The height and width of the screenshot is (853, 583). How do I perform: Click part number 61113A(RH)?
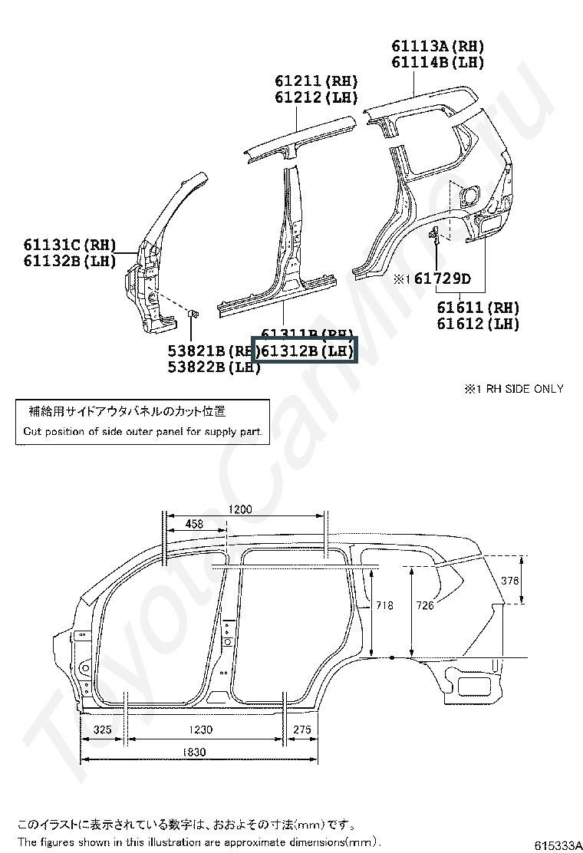tap(438, 47)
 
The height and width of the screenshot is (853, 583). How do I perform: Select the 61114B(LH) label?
tap(438, 63)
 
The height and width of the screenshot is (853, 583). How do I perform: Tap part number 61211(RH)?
tap(316, 81)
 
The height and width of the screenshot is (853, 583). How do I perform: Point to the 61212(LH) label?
tap(316, 97)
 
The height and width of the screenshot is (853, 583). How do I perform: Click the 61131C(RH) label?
tap(69, 245)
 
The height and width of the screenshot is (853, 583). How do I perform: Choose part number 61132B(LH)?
tap(69, 261)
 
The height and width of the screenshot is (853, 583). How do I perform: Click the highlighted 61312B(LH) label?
tap(305, 351)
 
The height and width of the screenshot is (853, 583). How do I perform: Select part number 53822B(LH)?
tap(214, 367)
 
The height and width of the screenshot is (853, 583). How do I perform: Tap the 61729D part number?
tap(443, 279)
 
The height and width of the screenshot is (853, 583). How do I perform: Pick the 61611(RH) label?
tap(478, 308)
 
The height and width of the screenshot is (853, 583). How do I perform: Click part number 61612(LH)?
tap(478, 324)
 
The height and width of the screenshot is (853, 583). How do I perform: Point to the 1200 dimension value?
tap(239, 509)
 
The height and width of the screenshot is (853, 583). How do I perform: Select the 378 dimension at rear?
tap(510, 581)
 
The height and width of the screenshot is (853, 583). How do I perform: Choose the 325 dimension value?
tap(102, 729)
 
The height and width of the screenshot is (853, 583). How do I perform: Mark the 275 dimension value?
tap(302, 729)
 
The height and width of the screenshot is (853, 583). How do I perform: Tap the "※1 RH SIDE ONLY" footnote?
tap(513, 389)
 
